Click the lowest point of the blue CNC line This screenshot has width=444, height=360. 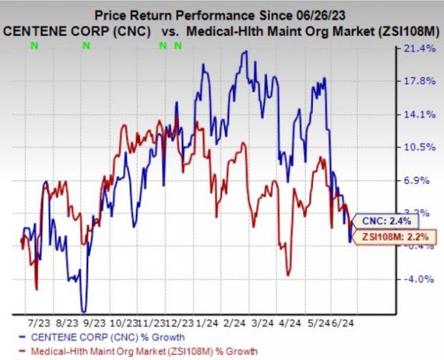click(85, 311)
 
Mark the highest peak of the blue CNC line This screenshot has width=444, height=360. click(246, 52)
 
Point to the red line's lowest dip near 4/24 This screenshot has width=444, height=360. click(288, 275)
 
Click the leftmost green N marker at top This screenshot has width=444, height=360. click(34, 47)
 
